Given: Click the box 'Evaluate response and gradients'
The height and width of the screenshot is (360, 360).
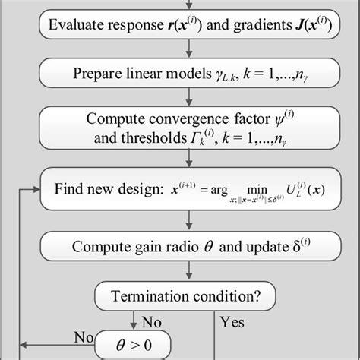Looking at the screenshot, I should (x=185, y=26).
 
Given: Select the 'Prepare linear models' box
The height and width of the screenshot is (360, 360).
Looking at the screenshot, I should (x=185, y=74).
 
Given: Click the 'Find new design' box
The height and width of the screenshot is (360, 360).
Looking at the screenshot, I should (x=185, y=191).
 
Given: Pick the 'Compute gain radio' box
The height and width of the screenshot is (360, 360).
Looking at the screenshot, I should (x=185, y=247).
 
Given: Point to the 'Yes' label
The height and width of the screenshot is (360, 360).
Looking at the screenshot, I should (x=232, y=322).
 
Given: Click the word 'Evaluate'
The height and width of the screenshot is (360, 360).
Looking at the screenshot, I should (x=77, y=26).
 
